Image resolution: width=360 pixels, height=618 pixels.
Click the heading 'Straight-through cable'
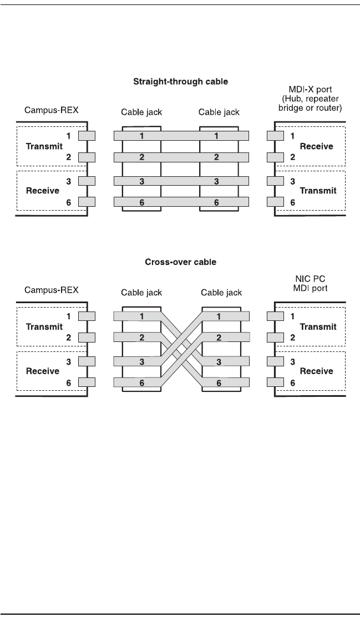coord(181,81)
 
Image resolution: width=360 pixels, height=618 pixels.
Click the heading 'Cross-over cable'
coord(181,262)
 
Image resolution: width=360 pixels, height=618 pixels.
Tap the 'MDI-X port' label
coord(310,89)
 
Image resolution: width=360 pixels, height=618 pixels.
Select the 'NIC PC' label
coord(310,279)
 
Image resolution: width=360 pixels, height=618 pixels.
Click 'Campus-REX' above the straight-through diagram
coord(52,110)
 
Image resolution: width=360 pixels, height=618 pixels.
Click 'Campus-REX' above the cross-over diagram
coord(52,290)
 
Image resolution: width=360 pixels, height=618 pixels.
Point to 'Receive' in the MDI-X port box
coord(317,146)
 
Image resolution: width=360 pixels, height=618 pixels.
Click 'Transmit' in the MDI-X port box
coord(318,191)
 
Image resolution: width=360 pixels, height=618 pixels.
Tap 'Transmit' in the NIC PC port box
coord(318,326)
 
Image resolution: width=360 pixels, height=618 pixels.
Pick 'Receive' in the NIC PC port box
coord(317,371)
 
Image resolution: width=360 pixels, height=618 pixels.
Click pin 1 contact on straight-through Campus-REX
coord(87,136)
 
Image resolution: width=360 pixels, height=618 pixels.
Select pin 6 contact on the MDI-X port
coord(275,202)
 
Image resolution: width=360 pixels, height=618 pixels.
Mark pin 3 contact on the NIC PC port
coord(275,361)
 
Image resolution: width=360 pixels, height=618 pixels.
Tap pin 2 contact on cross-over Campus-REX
coord(87,338)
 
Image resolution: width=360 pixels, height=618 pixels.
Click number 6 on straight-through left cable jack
coord(141,203)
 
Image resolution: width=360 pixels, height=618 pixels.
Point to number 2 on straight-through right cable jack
coord(216,157)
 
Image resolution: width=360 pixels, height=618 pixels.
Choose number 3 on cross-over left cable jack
coord(141,362)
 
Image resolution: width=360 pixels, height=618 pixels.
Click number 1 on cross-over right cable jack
coord(219,316)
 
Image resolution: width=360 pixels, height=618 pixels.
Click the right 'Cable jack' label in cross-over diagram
coord(221,293)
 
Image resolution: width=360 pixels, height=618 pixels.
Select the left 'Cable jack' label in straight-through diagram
coord(141,113)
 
